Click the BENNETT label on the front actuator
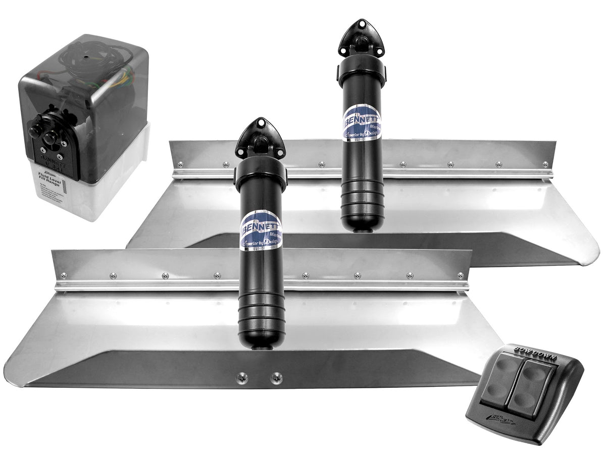click(261, 230)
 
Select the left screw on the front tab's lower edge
click(242, 377)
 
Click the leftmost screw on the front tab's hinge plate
click(64, 275)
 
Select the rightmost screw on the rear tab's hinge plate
click(545, 164)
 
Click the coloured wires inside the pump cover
click(124, 81)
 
